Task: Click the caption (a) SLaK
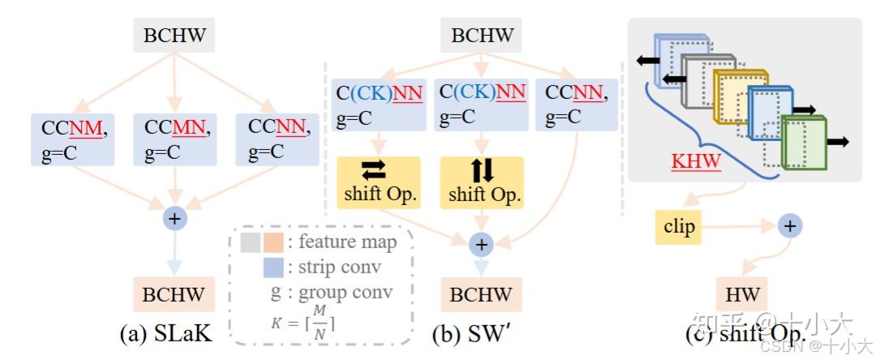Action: point(166,332)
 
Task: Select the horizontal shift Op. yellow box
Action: point(378,183)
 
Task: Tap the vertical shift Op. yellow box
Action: point(482,183)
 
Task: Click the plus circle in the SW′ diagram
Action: point(482,244)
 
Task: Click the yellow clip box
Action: point(679,227)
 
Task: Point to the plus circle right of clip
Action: point(789,226)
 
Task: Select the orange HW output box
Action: point(742,294)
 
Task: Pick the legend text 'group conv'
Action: point(341,294)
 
